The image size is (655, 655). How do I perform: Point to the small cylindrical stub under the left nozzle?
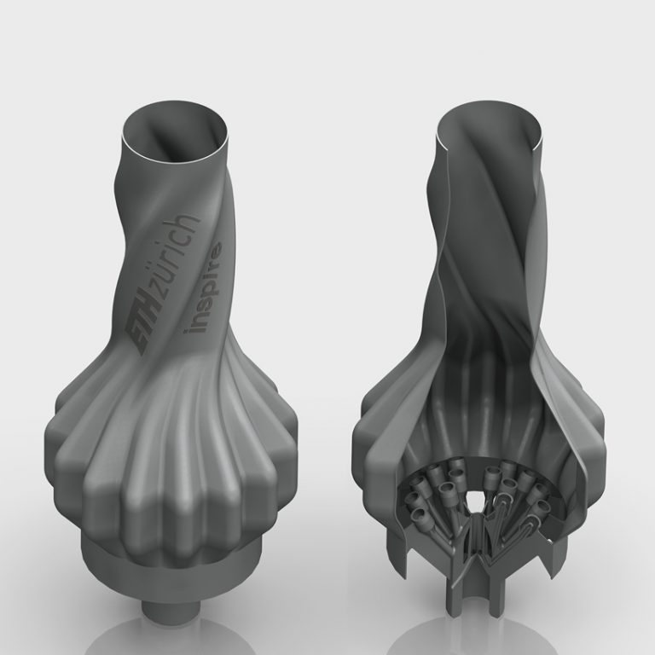coord(168,606)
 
